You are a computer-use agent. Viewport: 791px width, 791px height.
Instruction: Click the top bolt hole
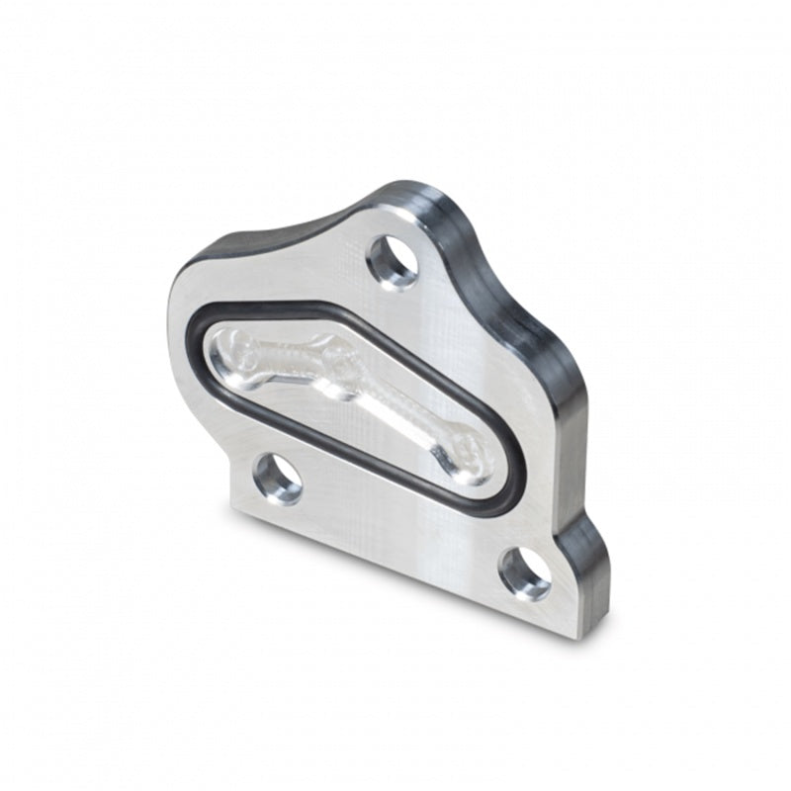click(x=393, y=262)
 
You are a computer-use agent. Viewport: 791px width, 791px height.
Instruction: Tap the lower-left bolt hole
click(x=279, y=479)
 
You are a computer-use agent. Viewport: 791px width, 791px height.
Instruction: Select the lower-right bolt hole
click(x=525, y=573)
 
